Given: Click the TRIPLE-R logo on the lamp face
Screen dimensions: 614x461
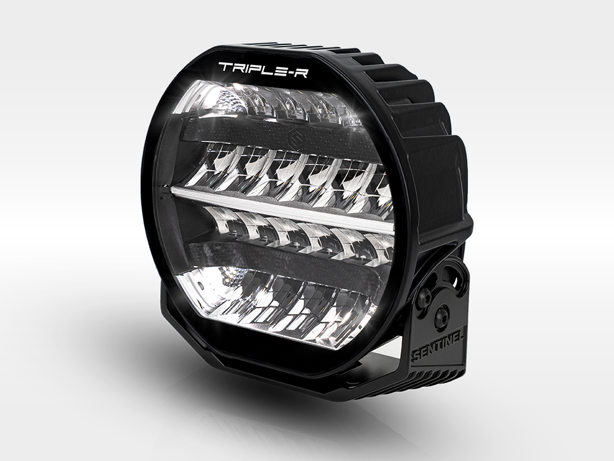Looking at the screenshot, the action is point(264,68).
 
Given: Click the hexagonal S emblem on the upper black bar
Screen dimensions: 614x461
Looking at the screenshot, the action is point(293,138).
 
